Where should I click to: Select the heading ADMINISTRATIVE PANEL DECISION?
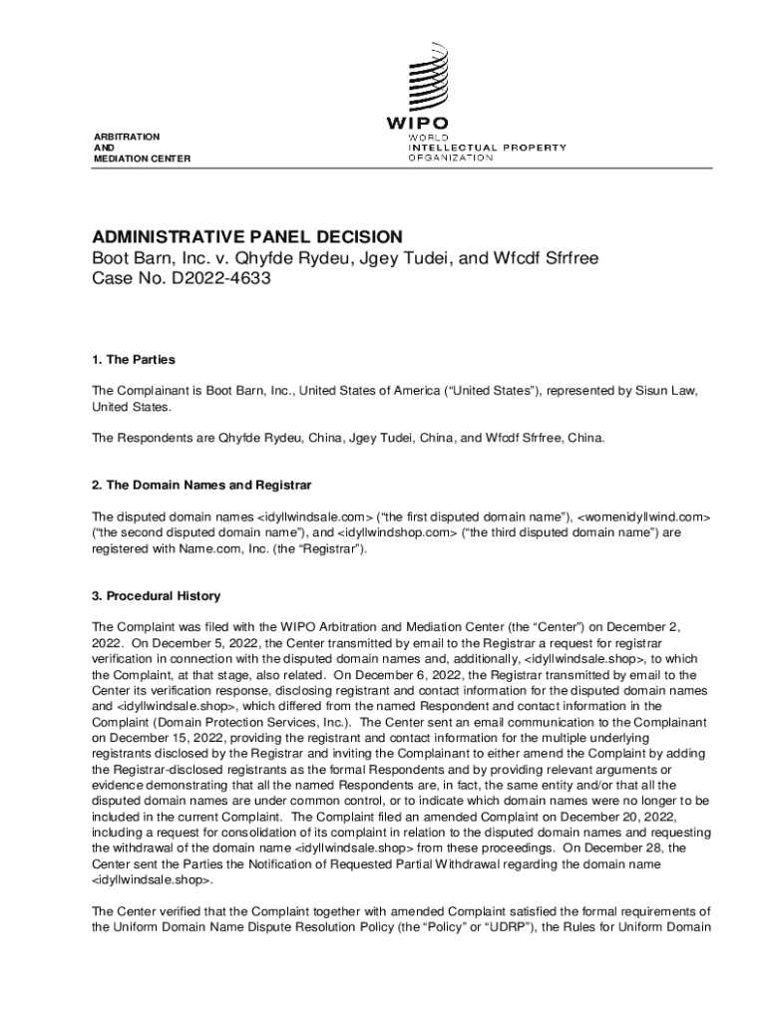pyautogui.click(x=247, y=236)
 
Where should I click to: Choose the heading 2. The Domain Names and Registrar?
pyautogui.click(x=201, y=485)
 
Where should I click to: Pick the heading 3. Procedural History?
pyautogui.click(x=156, y=596)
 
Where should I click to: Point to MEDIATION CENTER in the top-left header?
pyautogui.click(x=141, y=159)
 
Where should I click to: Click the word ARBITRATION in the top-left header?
pyautogui.click(x=126, y=135)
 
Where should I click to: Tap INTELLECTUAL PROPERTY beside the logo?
pyautogui.click(x=487, y=148)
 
